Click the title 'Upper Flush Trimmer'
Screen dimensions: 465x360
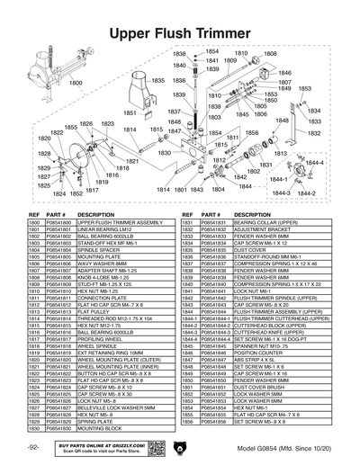coord(180,34)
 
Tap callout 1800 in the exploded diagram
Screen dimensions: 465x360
coord(76,83)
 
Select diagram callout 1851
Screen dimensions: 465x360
coord(129,113)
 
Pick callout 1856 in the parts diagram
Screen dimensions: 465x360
coord(252,133)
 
